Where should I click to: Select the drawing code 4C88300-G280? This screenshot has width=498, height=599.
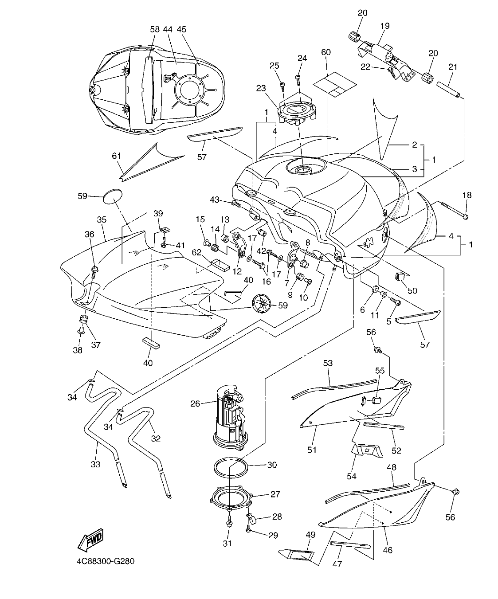105,562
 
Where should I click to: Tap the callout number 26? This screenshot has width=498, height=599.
195,403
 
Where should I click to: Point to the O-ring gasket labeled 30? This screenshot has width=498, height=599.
231,468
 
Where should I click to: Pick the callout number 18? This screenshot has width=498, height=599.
467,195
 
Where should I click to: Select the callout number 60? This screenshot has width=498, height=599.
326,52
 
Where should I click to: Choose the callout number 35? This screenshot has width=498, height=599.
102,219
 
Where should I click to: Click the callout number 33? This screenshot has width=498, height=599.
95,464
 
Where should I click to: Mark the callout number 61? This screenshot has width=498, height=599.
116,156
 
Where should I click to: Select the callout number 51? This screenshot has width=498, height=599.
312,450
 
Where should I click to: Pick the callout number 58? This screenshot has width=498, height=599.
154,29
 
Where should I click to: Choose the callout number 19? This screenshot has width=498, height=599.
384,26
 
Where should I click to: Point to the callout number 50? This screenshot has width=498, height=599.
412,290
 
